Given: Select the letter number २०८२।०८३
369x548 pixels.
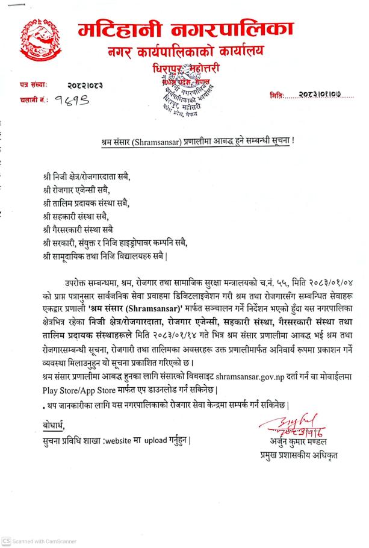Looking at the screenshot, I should click(x=85, y=86).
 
